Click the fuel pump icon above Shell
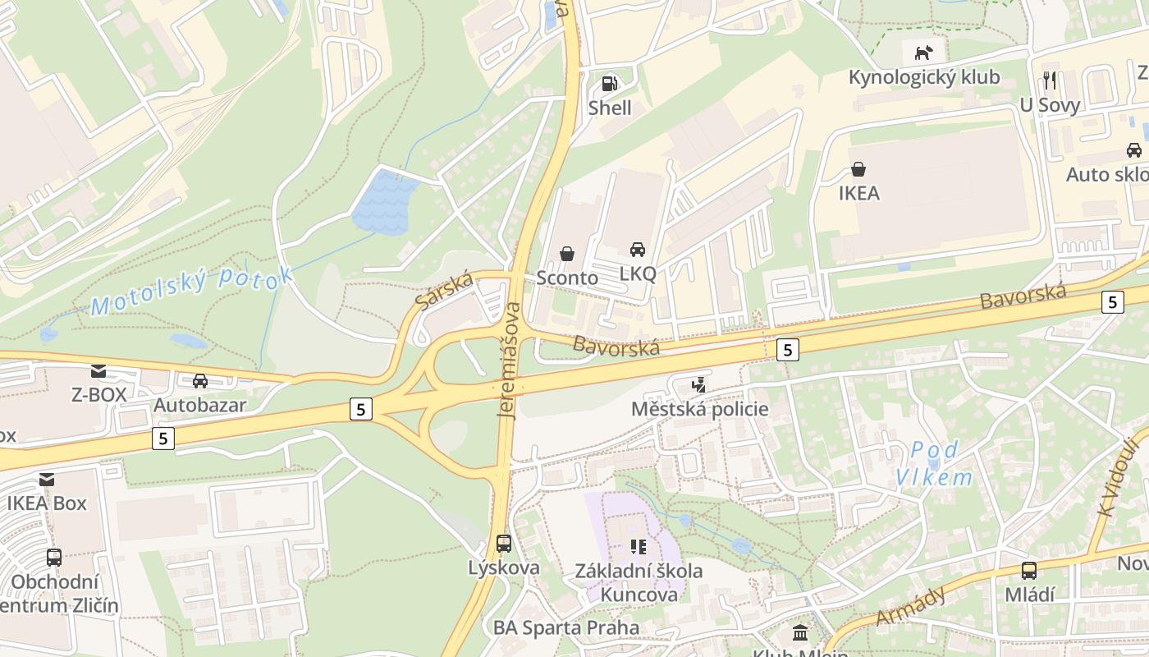coord(609,83)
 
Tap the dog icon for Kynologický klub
coord(924,53)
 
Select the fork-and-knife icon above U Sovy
coord(1050,80)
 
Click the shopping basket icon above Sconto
coord(567,254)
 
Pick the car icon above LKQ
coord(638,249)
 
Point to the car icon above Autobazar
coord(199,381)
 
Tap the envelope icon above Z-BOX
coord(98,371)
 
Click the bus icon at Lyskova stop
coord(504,543)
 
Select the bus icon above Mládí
coord(1028,571)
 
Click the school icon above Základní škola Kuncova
coord(639,546)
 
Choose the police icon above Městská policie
coord(699,384)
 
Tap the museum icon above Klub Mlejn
coord(799,633)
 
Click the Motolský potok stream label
coord(191,291)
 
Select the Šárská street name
coord(445,290)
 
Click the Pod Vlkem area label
coord(934,463)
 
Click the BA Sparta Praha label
coord(566,628)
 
